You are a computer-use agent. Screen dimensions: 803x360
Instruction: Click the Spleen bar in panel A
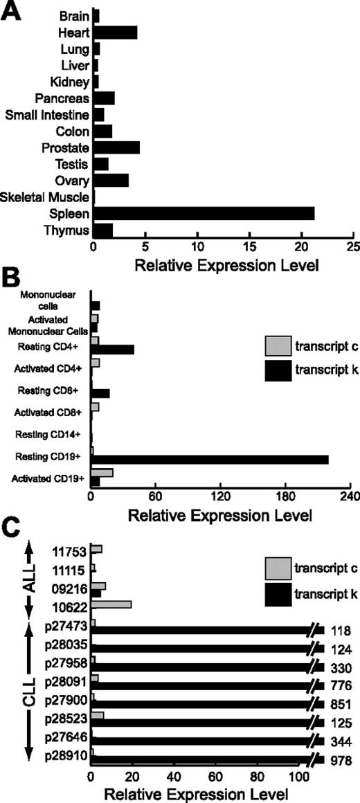tap(204, 214)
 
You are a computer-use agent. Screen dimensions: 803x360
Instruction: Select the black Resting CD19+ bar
tap(210, 460)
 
